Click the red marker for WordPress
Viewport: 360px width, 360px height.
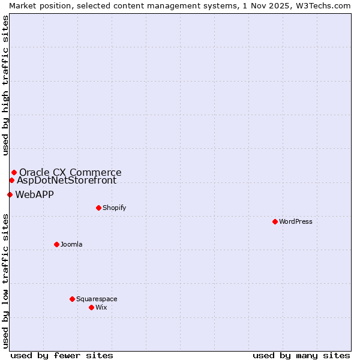(275, 221)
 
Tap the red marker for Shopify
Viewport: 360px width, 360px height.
(98, 208)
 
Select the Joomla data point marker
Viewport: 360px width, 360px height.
(56, 244)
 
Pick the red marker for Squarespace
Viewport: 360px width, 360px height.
(72, 299)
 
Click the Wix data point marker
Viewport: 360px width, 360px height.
(91, 307)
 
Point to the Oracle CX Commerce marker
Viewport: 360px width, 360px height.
(14, 172)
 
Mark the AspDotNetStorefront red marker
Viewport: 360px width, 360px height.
(11, 180)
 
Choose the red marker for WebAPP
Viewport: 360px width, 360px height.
(10, 194)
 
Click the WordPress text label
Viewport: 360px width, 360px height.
(296, 221)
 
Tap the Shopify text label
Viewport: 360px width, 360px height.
(115, 208)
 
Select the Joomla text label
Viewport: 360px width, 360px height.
(71, 244)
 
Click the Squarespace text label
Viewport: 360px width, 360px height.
(97, 299)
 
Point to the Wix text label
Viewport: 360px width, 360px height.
(101, 307)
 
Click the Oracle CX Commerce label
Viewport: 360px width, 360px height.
(70, 172)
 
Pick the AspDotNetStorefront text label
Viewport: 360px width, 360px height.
(67, 180)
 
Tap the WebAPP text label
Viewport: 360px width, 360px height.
(35, 194)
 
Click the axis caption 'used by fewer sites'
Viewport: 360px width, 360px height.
(62, 355)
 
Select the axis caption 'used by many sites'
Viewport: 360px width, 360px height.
(301, 355)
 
